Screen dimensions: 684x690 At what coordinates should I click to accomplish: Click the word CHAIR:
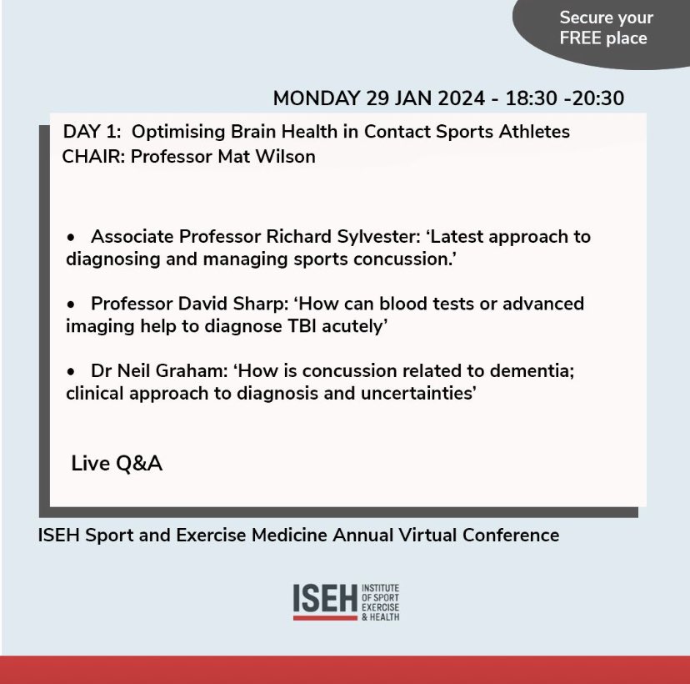92,156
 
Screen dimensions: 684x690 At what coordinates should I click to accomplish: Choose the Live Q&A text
117,463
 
